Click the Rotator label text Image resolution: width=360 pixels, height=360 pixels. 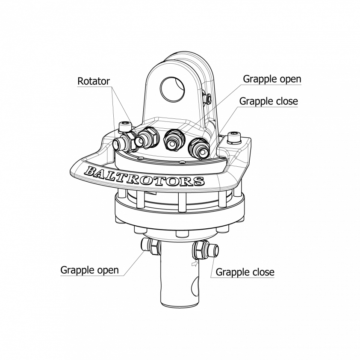tap(94, 81)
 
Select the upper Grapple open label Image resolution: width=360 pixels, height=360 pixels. tap(272, 79)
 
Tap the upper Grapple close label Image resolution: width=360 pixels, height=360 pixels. tap(269, 101)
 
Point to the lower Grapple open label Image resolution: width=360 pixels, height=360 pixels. tap(89, 270)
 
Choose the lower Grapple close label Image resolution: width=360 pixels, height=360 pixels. tap(245, 272)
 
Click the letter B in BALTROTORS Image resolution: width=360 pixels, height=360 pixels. tap(91, 171)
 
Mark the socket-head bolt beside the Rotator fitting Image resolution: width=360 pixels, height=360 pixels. tap(124, 127)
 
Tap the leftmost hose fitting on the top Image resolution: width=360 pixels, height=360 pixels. tap(122, 144)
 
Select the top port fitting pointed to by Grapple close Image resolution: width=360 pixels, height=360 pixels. tap(198, 147)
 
